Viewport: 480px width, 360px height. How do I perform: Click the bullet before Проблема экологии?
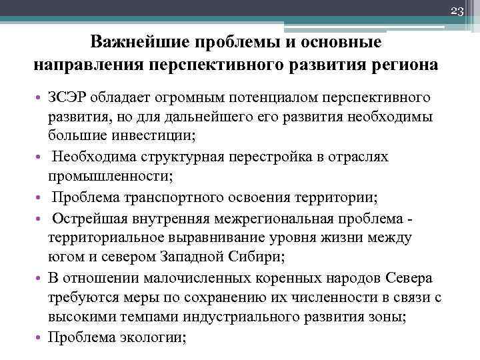39,337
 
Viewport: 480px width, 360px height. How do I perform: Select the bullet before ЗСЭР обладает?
39,98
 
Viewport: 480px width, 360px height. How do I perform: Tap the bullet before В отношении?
39,278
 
